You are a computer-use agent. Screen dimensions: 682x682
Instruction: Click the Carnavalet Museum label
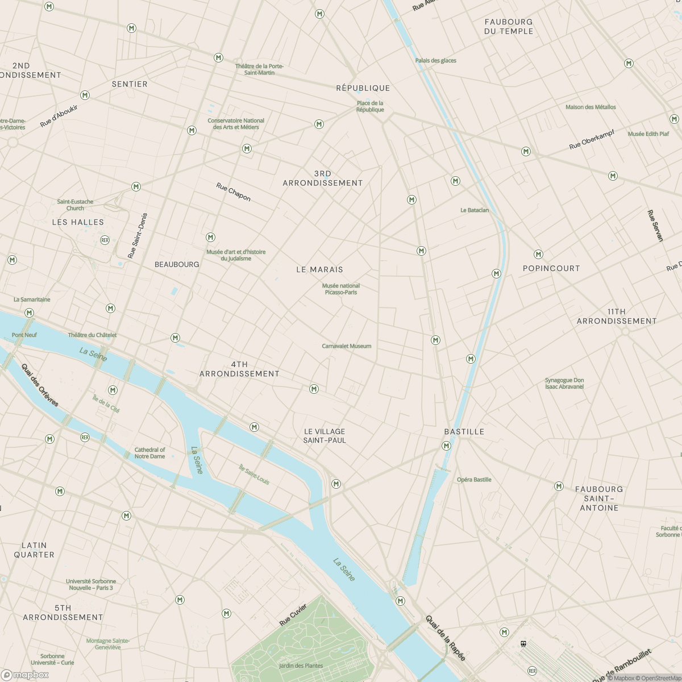(x=346, y=346)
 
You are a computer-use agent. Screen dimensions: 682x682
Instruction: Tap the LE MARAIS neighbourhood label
(x=319, y=269)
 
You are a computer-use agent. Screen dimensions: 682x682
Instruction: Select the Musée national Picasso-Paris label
(x=341, y=289)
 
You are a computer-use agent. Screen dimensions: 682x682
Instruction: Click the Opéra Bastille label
(x=474, y=480)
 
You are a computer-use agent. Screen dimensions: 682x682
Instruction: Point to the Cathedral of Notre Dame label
(x=149, y=453)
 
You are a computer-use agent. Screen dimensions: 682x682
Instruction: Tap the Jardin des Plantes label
(x=301, y=666)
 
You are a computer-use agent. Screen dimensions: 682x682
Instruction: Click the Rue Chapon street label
(x=233, y=192)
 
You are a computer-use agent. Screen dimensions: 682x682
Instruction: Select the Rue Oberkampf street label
(x=592, y=140)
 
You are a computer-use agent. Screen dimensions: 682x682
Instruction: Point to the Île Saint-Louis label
(x=254, y=475)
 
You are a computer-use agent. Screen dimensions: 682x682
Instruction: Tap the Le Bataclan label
(x=474, y=210)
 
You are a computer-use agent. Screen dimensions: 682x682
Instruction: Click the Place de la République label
(x=370, y=106)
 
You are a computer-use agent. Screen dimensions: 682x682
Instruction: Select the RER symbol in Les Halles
(x=105, y=240)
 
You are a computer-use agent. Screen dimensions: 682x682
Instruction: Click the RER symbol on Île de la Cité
(x=85, y=437)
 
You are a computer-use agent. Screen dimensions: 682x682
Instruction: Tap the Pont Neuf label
(x=24, y=335)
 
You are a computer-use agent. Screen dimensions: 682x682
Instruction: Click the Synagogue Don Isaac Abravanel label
(x=564, y=383)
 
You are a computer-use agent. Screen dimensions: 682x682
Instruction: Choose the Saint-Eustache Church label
(x=75, y=205)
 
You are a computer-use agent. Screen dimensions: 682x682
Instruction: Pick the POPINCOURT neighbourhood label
(x=551, y=268)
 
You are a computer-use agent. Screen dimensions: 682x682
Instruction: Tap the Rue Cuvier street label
(x=293, y=615)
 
